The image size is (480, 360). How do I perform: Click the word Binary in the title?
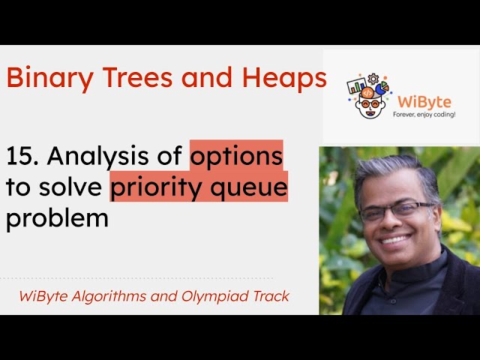(x=43, y=78)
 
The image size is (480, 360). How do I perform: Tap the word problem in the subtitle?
(x=57, y=219)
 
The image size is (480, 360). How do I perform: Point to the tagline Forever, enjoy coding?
(x=424, y=114)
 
